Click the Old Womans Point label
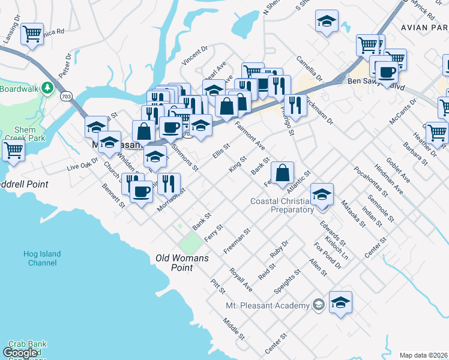point(182,263)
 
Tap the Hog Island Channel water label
point(42,259)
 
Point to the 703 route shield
point(67,95)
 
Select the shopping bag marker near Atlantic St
point(283,173)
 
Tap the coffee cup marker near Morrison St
point(141,191)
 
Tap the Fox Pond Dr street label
point(327,256)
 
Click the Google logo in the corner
point(20,353)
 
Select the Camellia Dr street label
point(309,70)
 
